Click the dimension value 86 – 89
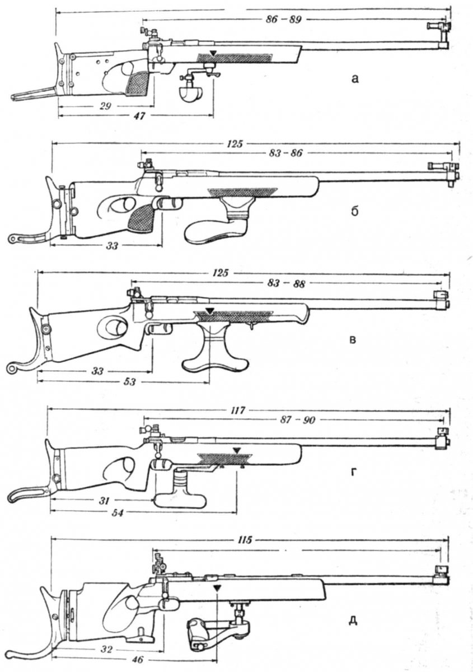tap(283, 20)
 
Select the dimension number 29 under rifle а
tap(105, 106)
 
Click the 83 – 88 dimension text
tap(287, 283)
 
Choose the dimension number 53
tap(129, 382)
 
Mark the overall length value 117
tap(238, 410)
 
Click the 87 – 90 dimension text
tap(298, 421)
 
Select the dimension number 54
tap(118, 514)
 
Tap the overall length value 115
tap(245, 540)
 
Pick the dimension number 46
tap(138, 660)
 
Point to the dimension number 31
tap(104, 501)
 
